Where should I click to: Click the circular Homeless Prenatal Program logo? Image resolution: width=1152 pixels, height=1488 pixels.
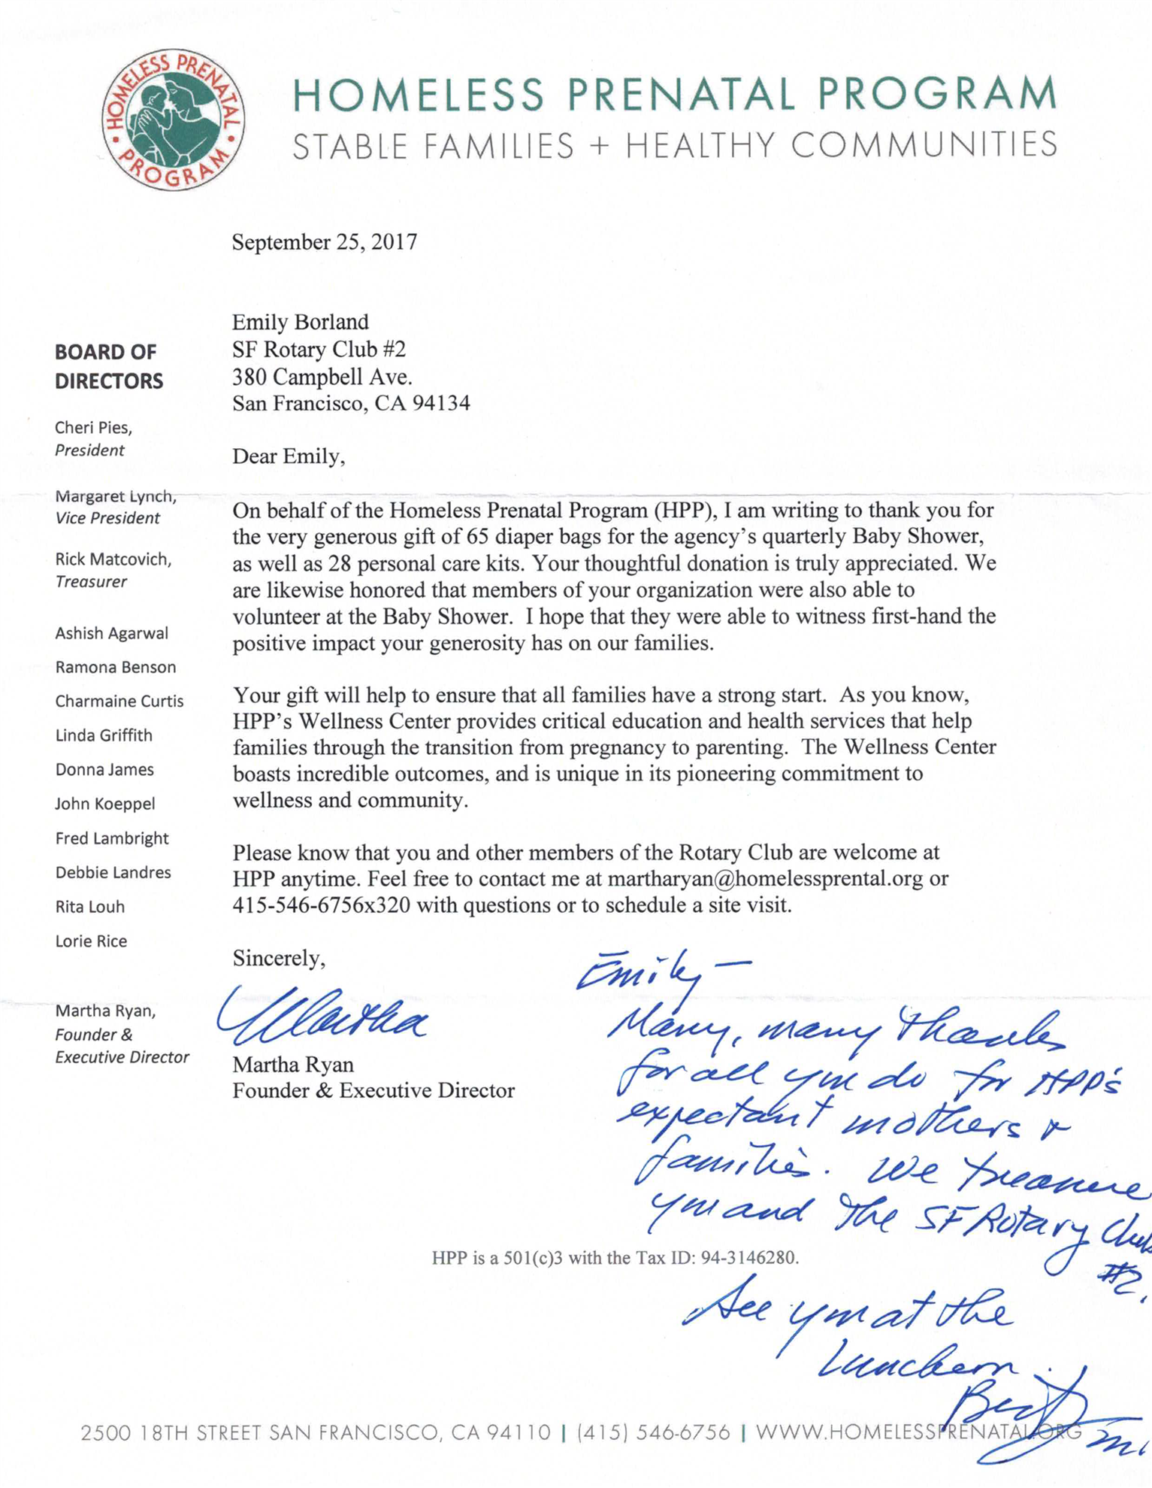click(173, 120)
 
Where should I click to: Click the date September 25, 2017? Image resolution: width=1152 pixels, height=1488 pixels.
click(324, 242)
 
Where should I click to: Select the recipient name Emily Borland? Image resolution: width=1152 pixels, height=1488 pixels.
click(300, 322)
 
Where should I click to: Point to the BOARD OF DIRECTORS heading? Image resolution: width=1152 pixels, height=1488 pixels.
click(108, 366)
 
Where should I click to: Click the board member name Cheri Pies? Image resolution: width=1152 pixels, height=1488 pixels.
click(93, 427)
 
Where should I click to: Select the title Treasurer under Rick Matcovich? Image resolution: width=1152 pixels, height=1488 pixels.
click(91, 581)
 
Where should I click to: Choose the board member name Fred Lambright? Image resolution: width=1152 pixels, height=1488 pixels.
click(111, 838)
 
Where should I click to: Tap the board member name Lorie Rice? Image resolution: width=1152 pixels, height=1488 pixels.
click(91, 941)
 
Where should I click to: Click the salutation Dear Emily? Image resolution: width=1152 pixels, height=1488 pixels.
click(289, 456)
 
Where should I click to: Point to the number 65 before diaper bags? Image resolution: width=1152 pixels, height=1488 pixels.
click(477, 537)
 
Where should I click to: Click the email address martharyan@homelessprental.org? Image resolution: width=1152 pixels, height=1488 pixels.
click(765, 878)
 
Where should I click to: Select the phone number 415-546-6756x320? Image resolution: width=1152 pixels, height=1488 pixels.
click(321, 905)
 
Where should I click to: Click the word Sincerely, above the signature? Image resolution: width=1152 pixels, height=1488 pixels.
click(279, 958)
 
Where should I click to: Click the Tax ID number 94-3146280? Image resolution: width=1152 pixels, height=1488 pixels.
click(748, 1257)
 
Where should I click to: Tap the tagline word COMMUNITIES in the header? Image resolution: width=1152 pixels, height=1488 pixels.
click(924, 145)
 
